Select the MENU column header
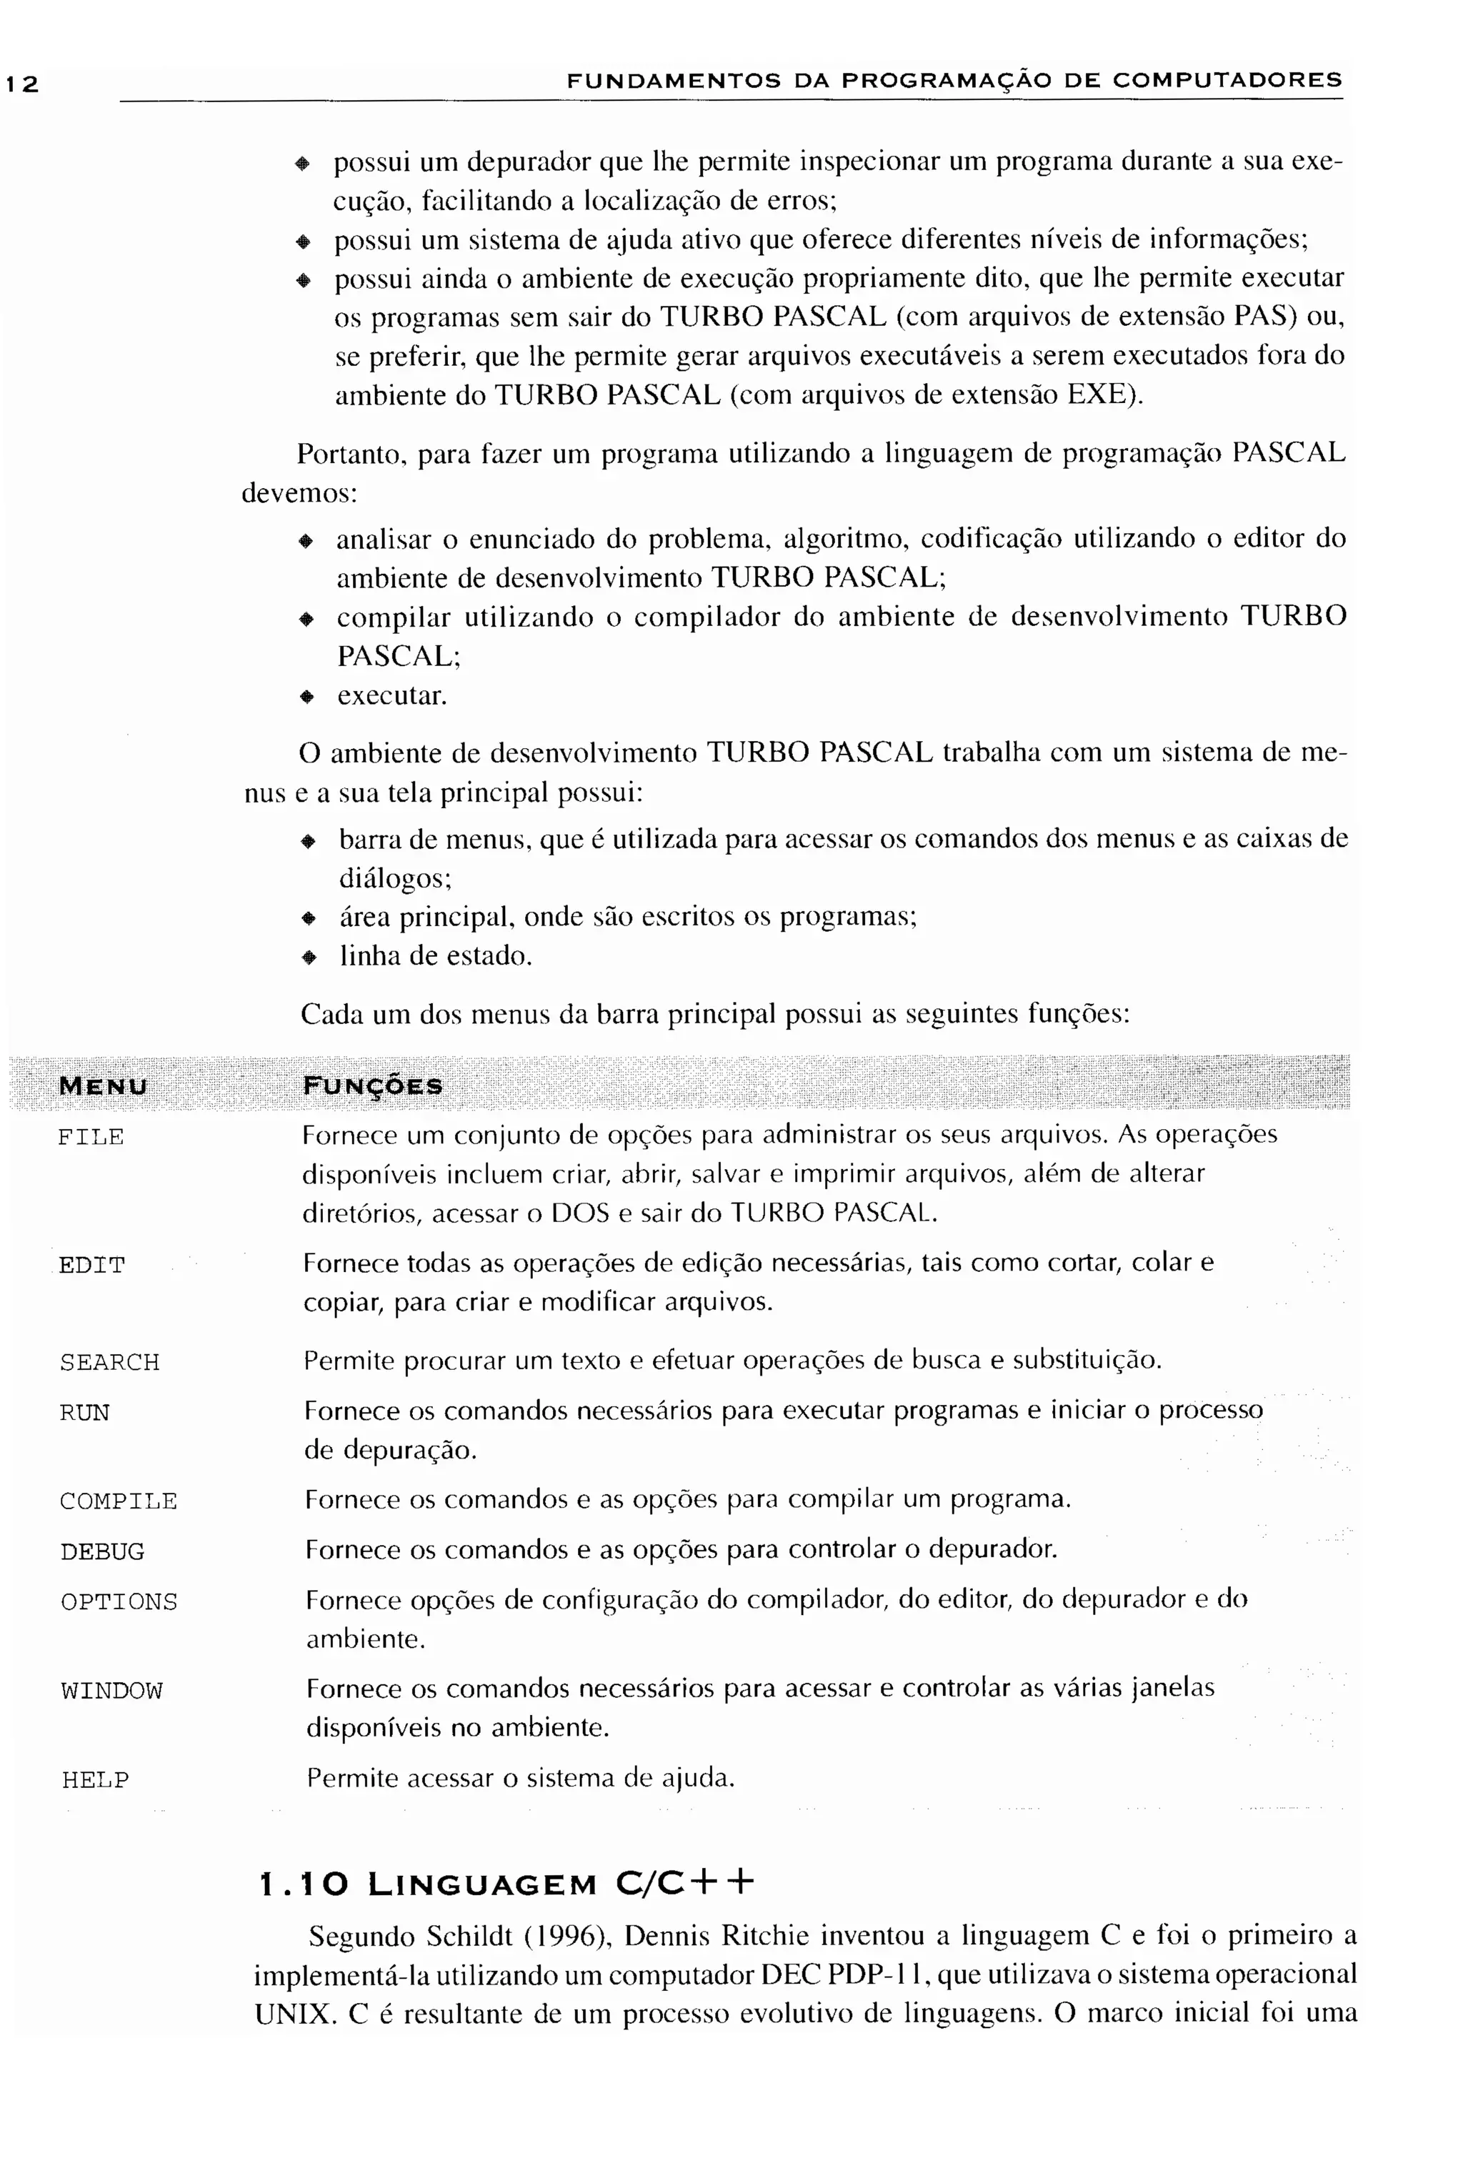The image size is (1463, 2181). (103, 1086)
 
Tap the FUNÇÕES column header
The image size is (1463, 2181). (372, 1086)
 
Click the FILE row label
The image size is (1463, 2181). (91, 1137)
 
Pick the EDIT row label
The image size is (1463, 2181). (91, 1266)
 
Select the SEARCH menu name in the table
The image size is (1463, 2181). (109, 1363)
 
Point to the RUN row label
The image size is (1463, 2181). (84, 1413)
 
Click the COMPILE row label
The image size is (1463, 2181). (119, 1501)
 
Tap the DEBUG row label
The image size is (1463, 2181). (103, 1552)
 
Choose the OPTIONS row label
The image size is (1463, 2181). (119, 1602)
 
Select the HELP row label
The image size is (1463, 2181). (95, 1779)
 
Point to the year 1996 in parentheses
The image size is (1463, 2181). (561, 1936)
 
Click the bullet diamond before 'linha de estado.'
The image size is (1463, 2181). (309, 958)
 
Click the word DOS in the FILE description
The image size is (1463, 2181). (579, 1213)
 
